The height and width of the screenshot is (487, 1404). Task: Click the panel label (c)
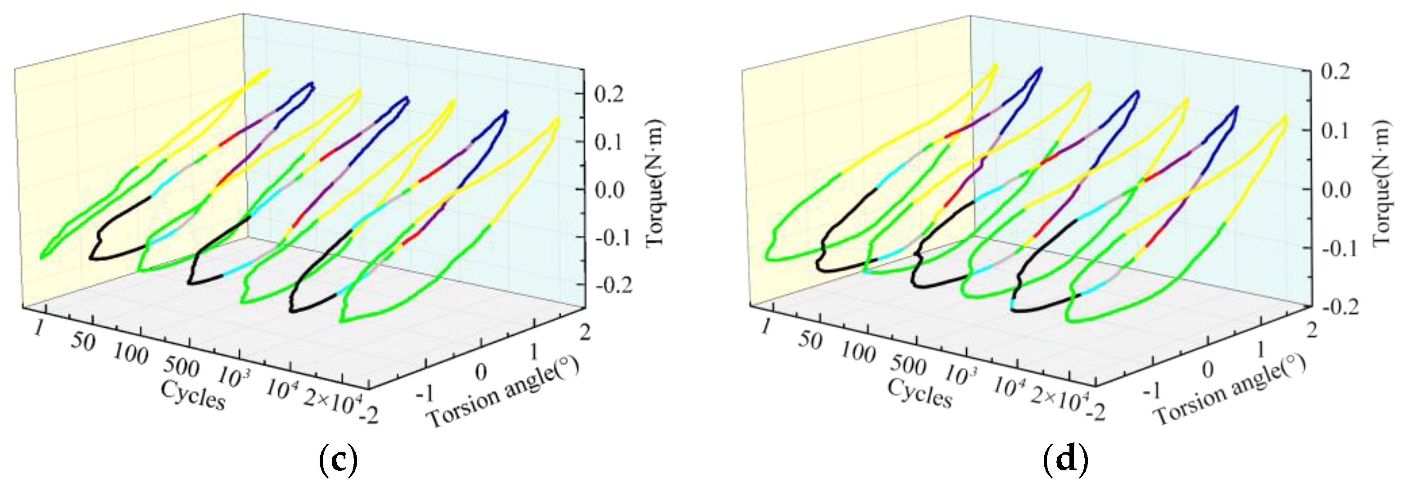coord(338,461)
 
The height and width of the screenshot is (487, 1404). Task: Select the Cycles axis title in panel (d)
coord(920,393)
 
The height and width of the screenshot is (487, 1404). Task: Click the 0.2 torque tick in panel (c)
coord(609,94)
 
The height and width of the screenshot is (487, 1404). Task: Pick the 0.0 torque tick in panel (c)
coord(609,190)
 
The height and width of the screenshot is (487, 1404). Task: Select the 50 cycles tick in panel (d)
coord(809,340)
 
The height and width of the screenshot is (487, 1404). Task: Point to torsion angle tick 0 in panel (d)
coord(1208,370)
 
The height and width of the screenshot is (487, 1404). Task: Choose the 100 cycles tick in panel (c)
coord(131,354)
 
